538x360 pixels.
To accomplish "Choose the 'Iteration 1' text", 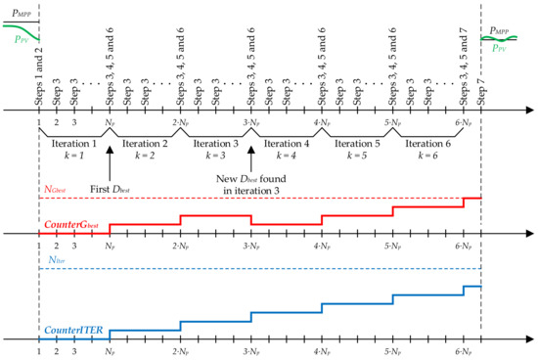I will click(74, 143).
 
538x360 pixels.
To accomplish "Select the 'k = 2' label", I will click(145, 156).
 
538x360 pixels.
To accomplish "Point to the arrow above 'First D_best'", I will click(110, 160).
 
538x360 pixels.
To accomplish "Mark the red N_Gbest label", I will click(58, 190).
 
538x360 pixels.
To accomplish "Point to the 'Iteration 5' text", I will click(357, 143).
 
